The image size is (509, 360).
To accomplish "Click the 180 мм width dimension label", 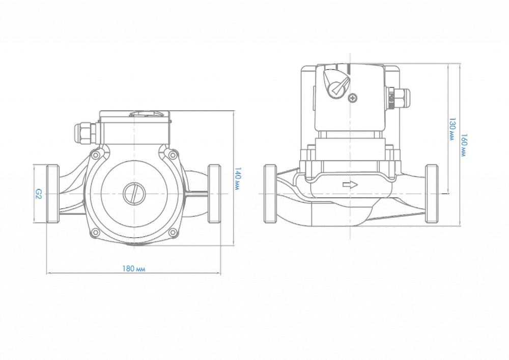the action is tap(134, 269).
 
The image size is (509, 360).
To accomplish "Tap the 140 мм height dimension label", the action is tap(238, 179).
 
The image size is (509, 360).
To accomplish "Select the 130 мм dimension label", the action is tap(452, 129).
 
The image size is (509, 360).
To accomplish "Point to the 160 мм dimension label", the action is tap(464, 145).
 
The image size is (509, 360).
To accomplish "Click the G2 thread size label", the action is tap(38, 194).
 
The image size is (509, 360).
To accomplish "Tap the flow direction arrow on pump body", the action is tap(350, 185).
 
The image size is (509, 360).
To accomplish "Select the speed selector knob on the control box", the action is tap(336, 84).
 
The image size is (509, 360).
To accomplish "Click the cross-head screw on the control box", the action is tap(352, 97).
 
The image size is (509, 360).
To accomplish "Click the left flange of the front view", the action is tap(52, 194).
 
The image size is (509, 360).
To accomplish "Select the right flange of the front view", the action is tap(214, 194).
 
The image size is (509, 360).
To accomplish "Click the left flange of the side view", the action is tap(270, 194).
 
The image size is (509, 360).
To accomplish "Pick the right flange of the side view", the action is tap(432, 194).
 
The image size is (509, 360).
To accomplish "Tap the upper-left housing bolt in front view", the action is tap(95, 155).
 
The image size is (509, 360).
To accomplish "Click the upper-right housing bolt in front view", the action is tap(173, 155).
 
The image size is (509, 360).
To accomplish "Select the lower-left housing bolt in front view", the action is tap(95, 232).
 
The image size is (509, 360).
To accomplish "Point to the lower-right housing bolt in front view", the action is tap(173, 232).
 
